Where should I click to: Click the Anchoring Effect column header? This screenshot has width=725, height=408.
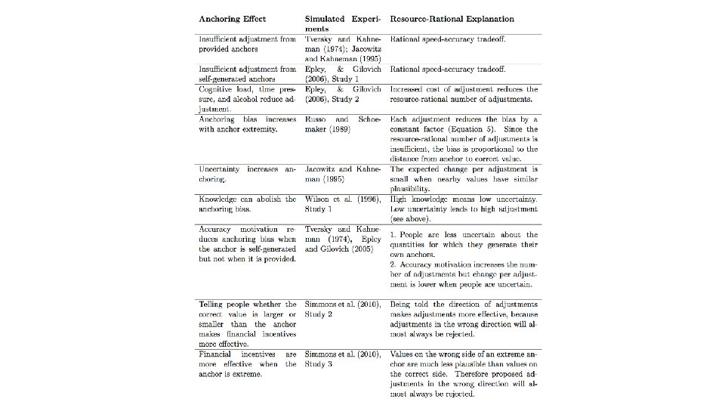(232, 19)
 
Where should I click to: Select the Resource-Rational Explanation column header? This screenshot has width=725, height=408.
(452, 19)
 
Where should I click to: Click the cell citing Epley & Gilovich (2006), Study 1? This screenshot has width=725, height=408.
(343, 73)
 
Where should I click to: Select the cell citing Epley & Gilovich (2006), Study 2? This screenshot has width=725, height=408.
(343, 94)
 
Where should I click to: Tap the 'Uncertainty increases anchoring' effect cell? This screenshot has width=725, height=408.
(248, 175)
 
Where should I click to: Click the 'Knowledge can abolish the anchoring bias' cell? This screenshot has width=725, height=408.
(248, 204)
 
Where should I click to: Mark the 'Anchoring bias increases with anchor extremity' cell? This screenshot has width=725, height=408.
(248, 124)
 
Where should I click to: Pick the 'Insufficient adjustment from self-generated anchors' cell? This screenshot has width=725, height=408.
(248, 73)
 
